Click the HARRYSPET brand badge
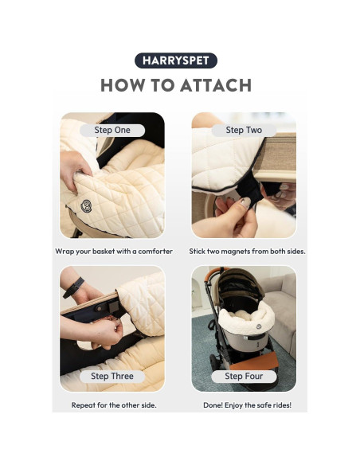176,61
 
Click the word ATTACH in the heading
216,85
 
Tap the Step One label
112,130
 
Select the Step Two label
244,130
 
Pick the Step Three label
112,376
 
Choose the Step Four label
244,376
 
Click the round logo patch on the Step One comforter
86,205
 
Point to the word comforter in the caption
155,252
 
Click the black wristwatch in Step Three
73,287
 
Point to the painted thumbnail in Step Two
245,202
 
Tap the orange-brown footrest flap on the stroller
254,361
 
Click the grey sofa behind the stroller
279,311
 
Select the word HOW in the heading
123,85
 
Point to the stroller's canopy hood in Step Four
241,285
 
